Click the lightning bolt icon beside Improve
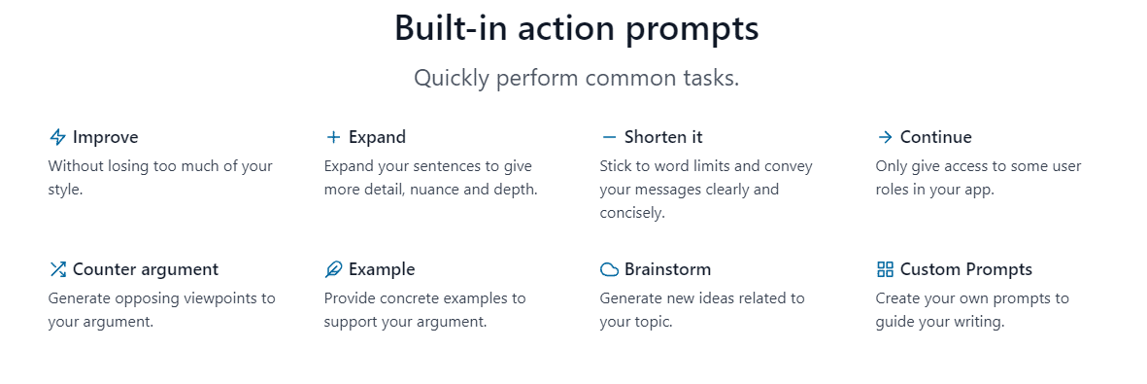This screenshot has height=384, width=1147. point(57,137)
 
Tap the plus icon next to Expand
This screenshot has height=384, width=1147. point(333,137)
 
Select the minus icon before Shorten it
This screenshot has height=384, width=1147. point(609,137)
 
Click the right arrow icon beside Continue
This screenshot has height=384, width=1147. point(885,137)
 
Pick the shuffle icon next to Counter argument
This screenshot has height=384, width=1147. point(57,269)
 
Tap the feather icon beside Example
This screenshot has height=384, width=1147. point(333,269)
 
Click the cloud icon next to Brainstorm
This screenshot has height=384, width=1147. point(609,269)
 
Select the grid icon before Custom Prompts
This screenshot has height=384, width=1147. point(885,269)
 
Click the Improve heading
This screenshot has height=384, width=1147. point(105,137)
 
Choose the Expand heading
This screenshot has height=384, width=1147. point(377,138)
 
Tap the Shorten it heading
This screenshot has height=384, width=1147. point(663,137)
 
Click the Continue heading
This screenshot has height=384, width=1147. point(935,137)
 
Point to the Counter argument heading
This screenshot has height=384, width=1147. point(146,269)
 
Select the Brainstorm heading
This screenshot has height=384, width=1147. point(667,269)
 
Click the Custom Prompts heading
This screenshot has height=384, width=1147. point(966,269)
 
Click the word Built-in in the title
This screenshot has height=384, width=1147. point(451,28)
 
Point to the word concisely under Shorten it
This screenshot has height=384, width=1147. point(622,213)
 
